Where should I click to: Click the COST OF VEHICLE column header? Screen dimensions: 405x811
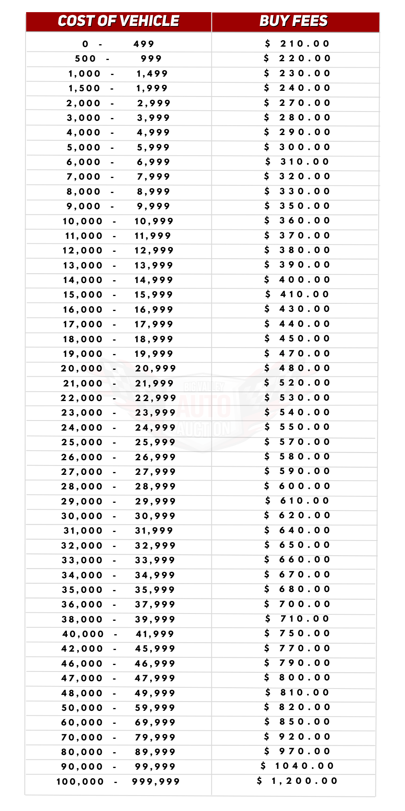click(x=118, y=21)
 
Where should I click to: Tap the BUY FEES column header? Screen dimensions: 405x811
click(x=294, y=21)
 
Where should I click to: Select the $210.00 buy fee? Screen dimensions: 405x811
click(x=298, y=44)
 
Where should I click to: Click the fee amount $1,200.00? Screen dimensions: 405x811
click(x=298, y=781)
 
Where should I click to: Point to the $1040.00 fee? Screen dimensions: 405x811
click(x=298, y=766)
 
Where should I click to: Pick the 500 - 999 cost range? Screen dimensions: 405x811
click(x=118, y=59)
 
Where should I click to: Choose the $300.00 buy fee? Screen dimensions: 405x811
click(x=298, y=147)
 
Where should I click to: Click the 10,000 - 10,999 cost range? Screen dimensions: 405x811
click(x=118, y=221)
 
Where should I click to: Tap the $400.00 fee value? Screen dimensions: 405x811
click(x=298, y=280)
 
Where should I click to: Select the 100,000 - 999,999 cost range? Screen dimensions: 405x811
click(x=118, y=782)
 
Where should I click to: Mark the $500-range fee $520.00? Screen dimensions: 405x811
click(x=298, y=383)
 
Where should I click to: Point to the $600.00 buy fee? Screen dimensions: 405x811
click(x=298, y=486)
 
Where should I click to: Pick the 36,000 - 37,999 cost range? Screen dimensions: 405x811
click(x=118, y=605)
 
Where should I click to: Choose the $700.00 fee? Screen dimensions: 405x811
click(x=298, y=604)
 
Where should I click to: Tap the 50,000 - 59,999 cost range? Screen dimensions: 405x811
click(x=118, y=708)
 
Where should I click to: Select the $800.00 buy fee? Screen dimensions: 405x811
click(x=298, y=678)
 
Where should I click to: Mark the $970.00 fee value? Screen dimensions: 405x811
click(x=298, y=751)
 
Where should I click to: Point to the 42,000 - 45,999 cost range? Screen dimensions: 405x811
click(x=118, y=649)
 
